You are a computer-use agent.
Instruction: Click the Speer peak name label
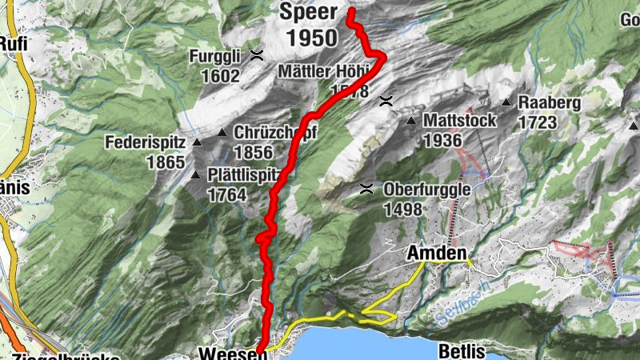click(308, 13)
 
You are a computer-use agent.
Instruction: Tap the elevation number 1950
click(308, 37)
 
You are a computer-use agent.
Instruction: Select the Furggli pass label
click(214, 57)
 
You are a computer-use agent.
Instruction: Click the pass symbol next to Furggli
click(257, 55)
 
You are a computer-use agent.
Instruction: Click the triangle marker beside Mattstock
click(411, 121)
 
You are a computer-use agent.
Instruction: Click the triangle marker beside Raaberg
click(506, 102)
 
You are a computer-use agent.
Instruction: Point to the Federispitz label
click(145, 144)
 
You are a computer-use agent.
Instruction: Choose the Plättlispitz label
click(242, 175)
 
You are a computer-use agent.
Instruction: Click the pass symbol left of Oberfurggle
click(366, 190)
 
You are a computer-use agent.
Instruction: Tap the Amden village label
click(437, 253)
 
